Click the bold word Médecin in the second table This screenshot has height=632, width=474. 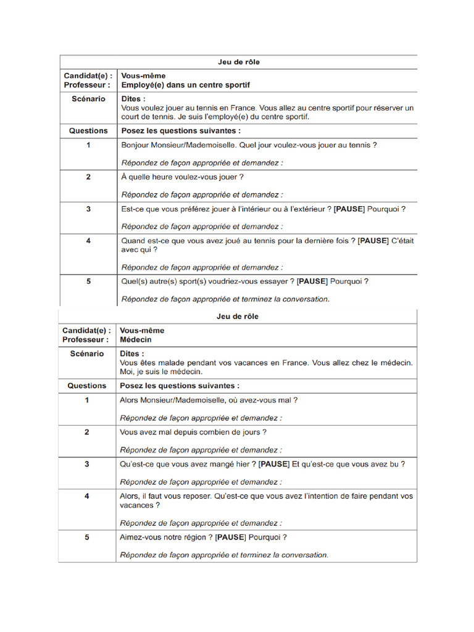click(136, 339)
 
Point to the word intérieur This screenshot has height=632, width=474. click(248, 209)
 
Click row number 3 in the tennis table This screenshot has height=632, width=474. click(88, 209)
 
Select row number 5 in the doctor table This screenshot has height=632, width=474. click(87, 537)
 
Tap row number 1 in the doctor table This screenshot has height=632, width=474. click(87, 400)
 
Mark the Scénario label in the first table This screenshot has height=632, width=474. click(88, 99)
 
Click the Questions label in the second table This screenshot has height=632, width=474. click(87, 385)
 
